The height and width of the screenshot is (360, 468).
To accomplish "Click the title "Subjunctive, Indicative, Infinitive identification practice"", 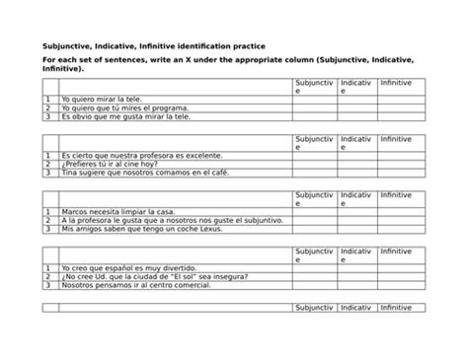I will click(159, 46).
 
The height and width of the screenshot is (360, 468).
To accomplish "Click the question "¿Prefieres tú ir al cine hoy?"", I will click(110, 164).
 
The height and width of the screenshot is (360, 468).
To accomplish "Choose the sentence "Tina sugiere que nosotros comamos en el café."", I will click(143, 173).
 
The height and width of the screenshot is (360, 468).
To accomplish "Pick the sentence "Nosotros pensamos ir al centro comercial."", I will click(137, 285).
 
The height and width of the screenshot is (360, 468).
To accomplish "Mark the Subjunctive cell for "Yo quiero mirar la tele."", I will click(314, 100).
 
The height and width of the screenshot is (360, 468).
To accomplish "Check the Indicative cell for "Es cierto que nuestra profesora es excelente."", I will click(356, 156).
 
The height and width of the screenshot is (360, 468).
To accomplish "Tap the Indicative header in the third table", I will click(356, 199).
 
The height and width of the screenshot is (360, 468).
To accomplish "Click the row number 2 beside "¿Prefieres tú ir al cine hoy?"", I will click(47, 164).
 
